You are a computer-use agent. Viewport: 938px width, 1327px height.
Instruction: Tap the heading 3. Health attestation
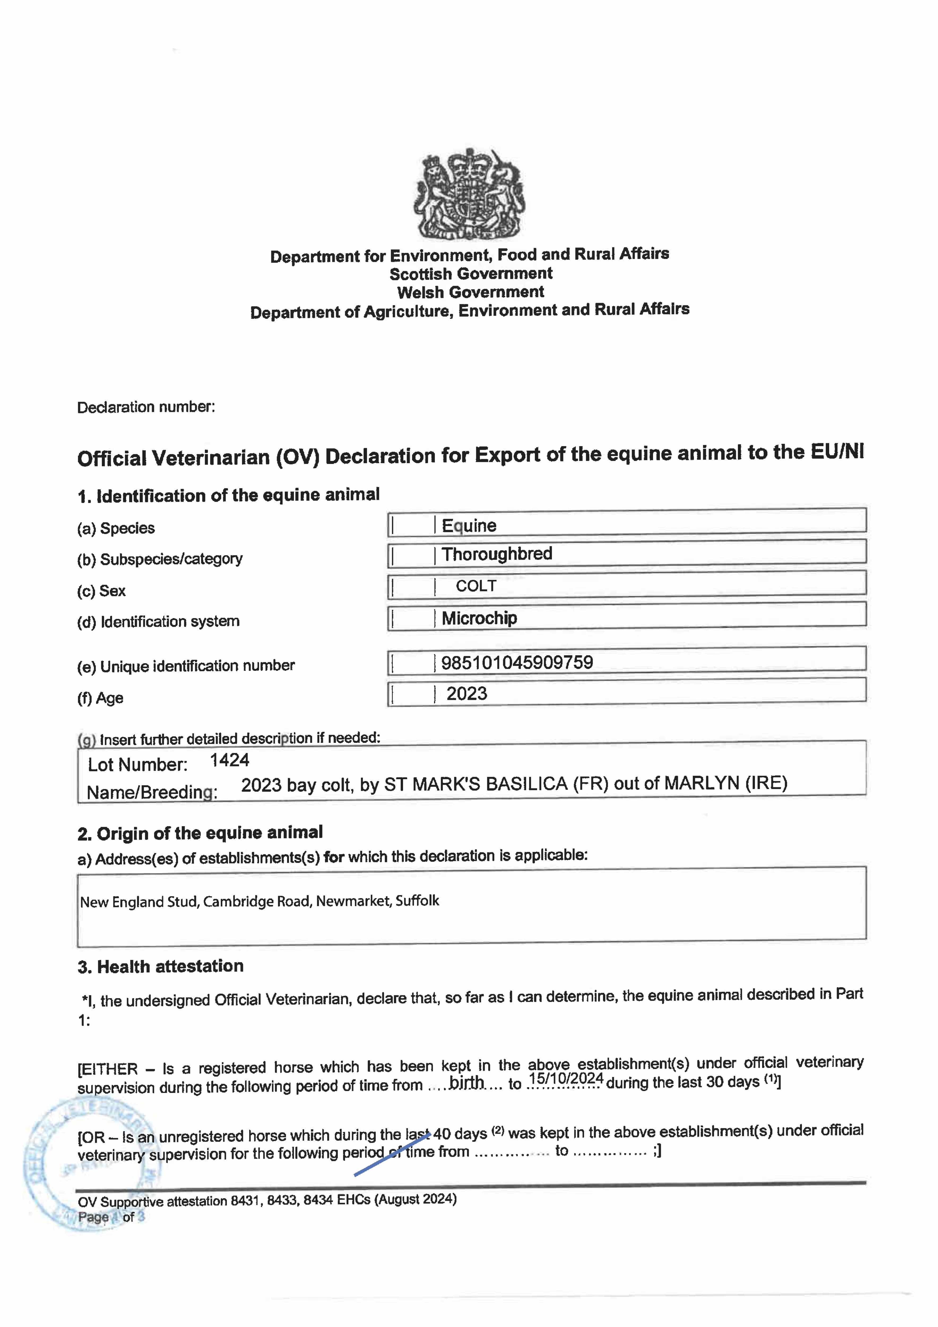click(x=161, y=966)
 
